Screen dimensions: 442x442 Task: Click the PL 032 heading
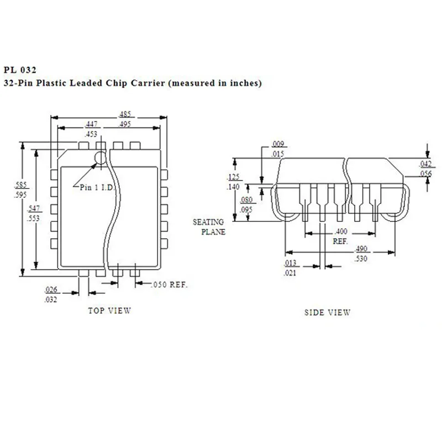(x=20, y=70)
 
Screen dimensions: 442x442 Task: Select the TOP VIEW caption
(x=109, y=311)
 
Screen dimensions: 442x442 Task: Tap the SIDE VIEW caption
(x=327, y=312)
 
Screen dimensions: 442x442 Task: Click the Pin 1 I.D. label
(x=97, y=187)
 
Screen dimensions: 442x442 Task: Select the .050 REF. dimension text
(x=169, y=285)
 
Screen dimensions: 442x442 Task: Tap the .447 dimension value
(x=92, y=125)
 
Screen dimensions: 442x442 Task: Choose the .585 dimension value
(x=21, y=186)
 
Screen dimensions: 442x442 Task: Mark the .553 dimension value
(x=34, y=217)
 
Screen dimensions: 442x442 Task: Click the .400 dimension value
(x=340, y=231)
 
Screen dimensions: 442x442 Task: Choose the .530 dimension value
(x=362, y=259)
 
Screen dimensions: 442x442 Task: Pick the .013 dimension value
(x=290, y=263)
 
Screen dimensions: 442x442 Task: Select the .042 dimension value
(x=425, y=164)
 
